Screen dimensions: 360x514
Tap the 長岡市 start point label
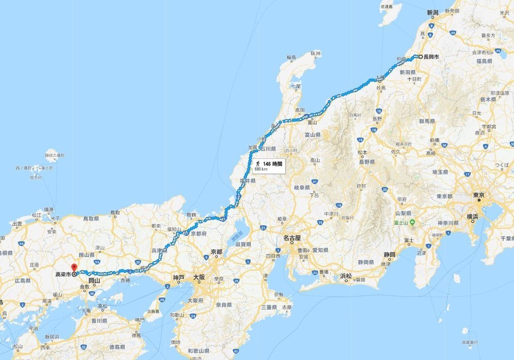(431, 57)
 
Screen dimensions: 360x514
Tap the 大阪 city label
(199, 278)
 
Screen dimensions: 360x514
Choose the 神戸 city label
(178, 278)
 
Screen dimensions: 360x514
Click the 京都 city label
(216, 252)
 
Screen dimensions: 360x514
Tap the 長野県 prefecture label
(366, 161)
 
